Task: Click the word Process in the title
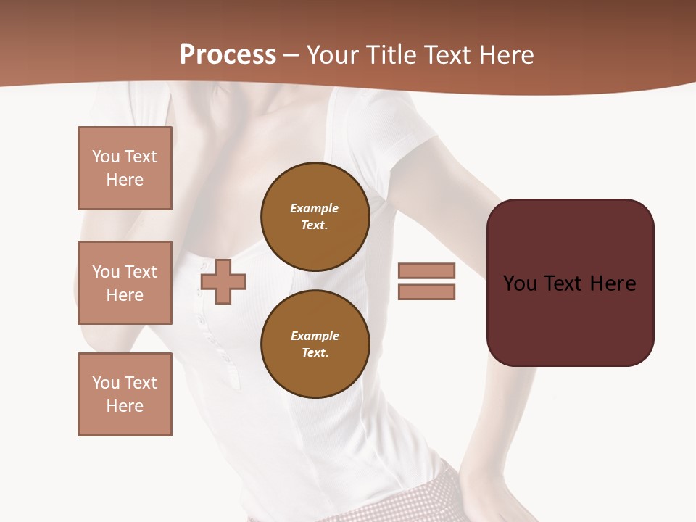(x=228, y=55)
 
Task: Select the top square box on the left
(x=125, y=168)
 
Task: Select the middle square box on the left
(x=125, y=283)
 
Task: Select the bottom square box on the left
(x=125, y=394)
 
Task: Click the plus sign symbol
(x=223, y=281)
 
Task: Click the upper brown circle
(x=315, y=216)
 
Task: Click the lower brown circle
(x=315, y=344)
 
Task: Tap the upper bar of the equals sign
(x=426, y=270)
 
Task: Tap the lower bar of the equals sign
(x=426, y=291)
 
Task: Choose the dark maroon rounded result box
(x=570, y=283)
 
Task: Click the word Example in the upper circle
(x=315, y=208)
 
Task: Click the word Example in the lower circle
(x=315, y=336)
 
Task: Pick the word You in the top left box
(x=105, y=157)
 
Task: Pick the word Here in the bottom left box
(x=125, y=406)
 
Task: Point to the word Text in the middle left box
(x=141, y=272)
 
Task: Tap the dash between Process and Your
(x=291, y=55)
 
